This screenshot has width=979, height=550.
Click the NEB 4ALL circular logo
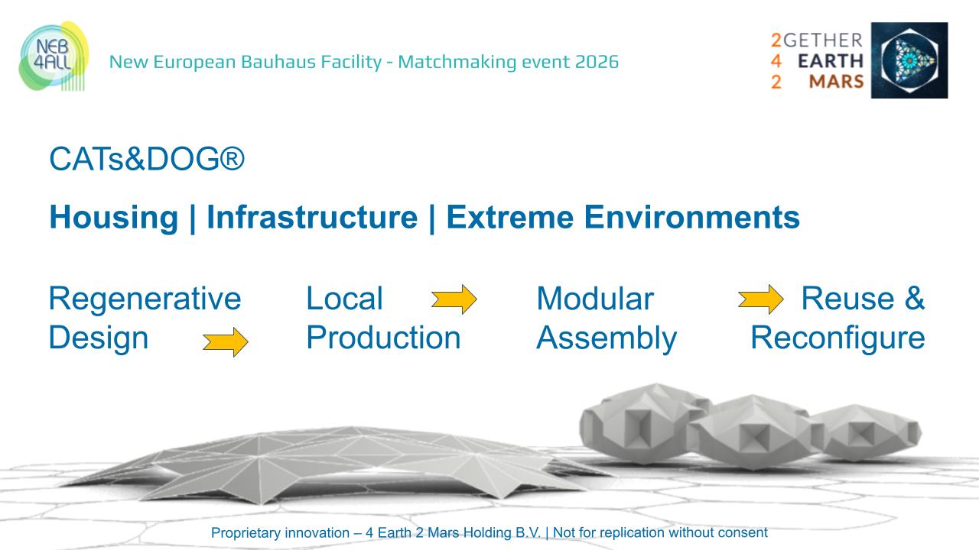[x=54, y=57]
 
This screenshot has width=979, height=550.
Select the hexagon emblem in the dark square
[x=909, y=60]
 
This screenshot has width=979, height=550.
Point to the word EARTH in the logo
[x=831, y=61]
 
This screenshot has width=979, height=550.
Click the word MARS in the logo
[x=837, y=82]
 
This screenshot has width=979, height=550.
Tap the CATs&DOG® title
[x=147, y=158]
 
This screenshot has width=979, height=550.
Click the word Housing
[x=114, y=218]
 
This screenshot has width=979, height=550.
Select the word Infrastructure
[x=312, y=217]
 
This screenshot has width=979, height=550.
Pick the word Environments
[x=692, y=217]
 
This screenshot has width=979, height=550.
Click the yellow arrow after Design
[x=226, y=341]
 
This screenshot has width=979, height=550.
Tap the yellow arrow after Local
[x=454, y=299]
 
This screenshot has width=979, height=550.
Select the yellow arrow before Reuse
[x=761, y=299]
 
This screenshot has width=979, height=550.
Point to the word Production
[x=383, y=338]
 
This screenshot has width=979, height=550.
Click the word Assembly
[x=607, y=338]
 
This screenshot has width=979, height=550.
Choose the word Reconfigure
[x=838, y=338]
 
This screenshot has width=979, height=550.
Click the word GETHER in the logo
[x=823, y=40]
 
